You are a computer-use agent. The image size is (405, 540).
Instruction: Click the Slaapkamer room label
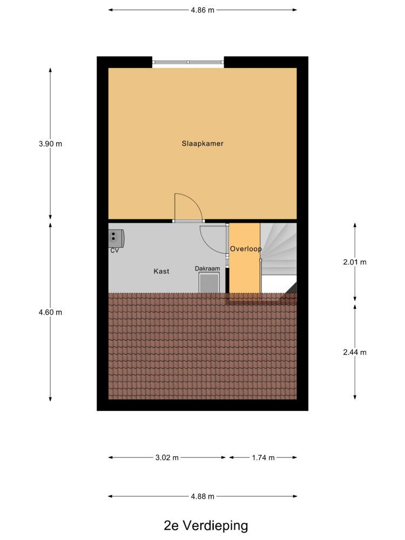pyautogui.click(x=202, y=144)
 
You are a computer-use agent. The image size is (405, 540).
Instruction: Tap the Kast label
pyautogui.click(x=161, y=272)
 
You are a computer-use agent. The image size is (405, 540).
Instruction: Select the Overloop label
pyautogui.click(x=246, y=248)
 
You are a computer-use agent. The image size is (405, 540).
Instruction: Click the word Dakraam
pyautogui.click(x=207, y=268)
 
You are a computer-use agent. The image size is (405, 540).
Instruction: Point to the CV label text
pyautogui.click(x=114, y=251)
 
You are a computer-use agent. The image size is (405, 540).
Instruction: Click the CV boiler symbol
pyautogui.click(x=116, y=238)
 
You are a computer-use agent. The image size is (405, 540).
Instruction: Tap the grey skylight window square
pyautogui.click(x=209, y=283)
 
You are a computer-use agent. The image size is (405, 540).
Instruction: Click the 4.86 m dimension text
pyautogui.click(x=202, y=10)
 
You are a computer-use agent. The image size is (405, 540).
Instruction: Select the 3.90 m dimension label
pyautogui.click(x=50, y=144)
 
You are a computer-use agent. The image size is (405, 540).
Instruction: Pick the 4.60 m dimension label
pyautogui.click(x=50, y=312)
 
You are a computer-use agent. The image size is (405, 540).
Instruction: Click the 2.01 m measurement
pyautogui.click(x=355, y=262)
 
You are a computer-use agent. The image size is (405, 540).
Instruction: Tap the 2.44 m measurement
pyautogui.click(x=355, y=352)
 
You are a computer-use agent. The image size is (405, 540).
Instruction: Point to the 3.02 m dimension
pyautogui.click(x=167, y=458)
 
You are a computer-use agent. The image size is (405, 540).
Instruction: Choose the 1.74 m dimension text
pyautogui.click(x=263, y=458)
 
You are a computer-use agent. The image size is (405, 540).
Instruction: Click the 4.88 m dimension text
pyautogui.click(x=202, y=497)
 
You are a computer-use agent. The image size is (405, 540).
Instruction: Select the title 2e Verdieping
pyautogui.click(x=206, y=525)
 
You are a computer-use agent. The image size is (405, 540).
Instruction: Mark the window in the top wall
pyautogui.click(x=188, y=62)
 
